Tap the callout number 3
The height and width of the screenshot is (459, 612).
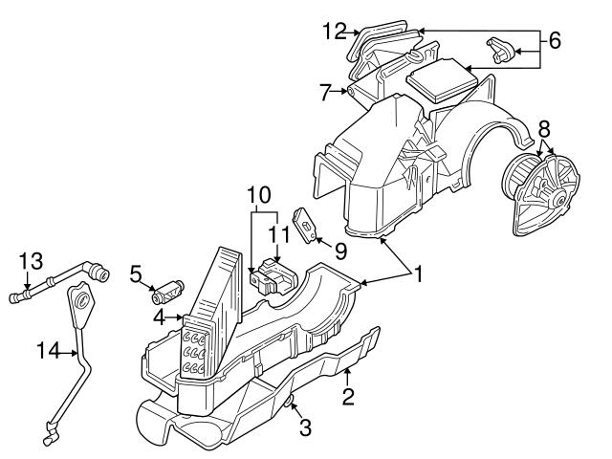pyautogui.click(x=305, y=427)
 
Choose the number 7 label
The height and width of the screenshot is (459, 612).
pyautogui.click(x=325, y=93)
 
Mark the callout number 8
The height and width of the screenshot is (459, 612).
pyautogui.click(x=544, y=127)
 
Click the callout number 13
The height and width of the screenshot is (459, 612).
pyautogui.click(x=31, y=261)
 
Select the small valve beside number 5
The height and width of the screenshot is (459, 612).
pyautogui.click(x=167, y=288)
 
